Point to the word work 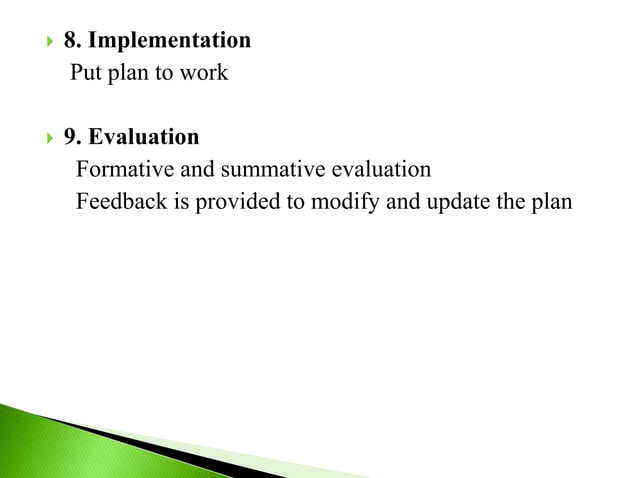[x=205, y=73]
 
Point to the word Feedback [x=119, y=200]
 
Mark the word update [x=464, y=200]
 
